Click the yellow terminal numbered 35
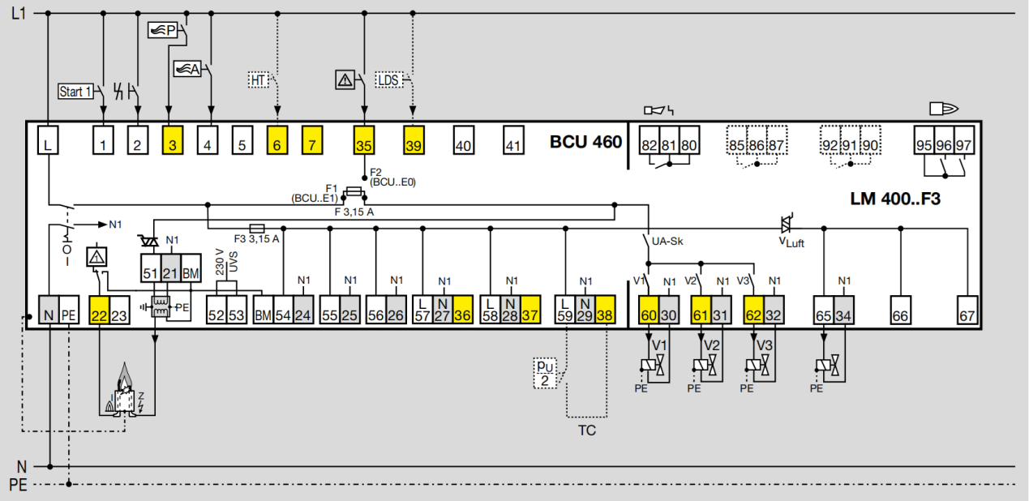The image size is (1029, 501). tap(364, 140)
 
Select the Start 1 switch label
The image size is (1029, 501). tap(75, 92)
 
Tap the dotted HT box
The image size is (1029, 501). tap(258, 80)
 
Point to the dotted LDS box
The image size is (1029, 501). tap(388, 80)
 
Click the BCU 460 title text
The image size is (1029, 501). tap(585, 142)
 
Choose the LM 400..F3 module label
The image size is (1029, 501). tap(895, 199)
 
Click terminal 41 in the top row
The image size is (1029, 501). tap(513, 140)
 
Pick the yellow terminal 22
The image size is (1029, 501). tap(99, 310)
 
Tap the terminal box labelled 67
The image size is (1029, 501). tap(967, 310)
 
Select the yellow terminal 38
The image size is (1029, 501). tap(605, 310)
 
